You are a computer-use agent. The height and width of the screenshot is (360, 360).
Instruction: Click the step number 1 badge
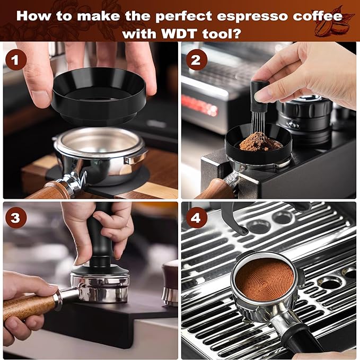[x=15, y=60]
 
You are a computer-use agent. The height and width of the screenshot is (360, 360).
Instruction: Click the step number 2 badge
[x=196, y=60]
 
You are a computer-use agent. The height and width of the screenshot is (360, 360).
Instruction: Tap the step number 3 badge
[x=16, y=217]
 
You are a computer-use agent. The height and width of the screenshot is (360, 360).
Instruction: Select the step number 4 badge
[x=196, y=217]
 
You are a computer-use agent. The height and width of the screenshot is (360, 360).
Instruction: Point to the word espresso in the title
[x=225, y=14]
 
